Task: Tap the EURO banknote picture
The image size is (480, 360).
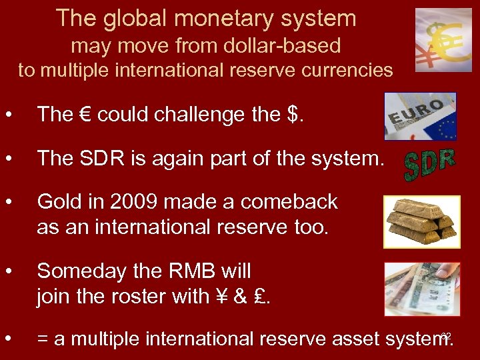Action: point(420,116)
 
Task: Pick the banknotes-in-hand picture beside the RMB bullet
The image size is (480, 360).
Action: point(422,289)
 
